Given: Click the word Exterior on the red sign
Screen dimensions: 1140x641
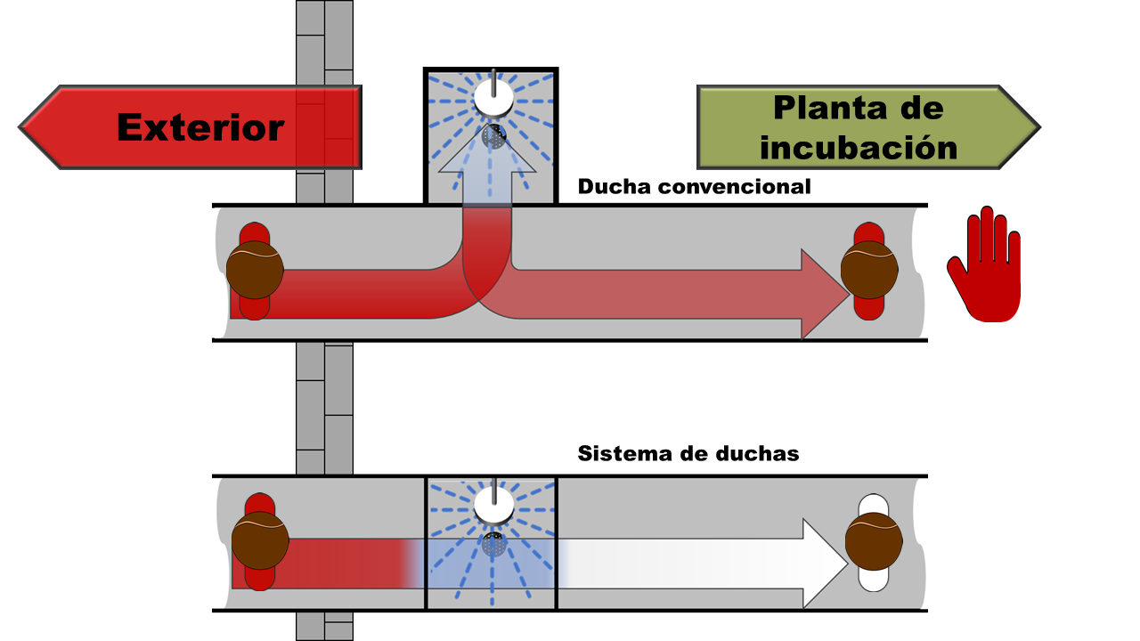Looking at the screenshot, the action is [x=200, y=127].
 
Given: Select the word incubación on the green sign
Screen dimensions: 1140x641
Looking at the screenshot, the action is [x=859, y=148].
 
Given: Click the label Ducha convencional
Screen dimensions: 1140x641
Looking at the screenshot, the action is [x=694, y=187].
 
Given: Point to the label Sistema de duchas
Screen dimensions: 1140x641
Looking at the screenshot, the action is [x=688, y=453].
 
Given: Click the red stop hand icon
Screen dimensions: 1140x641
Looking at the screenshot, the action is [x=984, y=264].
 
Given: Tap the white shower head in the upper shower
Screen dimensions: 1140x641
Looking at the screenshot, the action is [x=493, y=97].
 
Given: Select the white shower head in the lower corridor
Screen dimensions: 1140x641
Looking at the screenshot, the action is [x=493, y=507].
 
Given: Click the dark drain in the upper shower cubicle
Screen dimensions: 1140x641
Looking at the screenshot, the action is [x=493, y=136].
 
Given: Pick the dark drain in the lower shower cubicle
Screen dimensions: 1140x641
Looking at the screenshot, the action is [x=493, y=544].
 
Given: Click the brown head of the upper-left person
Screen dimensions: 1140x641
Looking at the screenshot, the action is [x=255, y=270].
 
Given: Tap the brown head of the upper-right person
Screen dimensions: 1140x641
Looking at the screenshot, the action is [x=869, y=270].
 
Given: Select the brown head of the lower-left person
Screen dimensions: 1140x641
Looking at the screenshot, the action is [x=260, y=540].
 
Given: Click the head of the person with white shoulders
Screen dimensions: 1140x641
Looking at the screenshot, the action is [x=874, y=540].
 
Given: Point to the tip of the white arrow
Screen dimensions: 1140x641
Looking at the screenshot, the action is [x=848, y=564].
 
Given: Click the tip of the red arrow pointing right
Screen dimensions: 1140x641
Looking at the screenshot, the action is [x=850, y=294].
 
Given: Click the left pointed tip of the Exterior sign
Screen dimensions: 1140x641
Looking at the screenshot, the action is [x=20, y=127].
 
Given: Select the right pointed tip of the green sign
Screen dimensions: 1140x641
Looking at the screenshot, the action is [x=1040, y=127].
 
